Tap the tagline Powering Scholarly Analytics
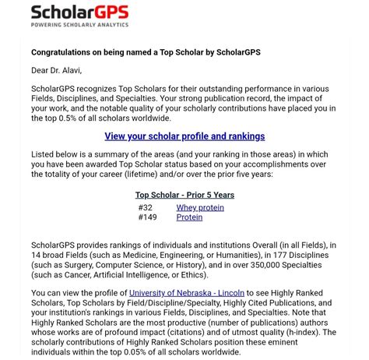(79, 24)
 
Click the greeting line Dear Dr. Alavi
(56, 70)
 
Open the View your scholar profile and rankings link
(184, 136)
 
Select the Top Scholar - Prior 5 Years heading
(184, 196)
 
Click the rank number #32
(146, 208)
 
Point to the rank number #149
(147, 217)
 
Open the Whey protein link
(200, 208)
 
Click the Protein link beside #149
(189, 217)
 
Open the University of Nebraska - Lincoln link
(187, 293)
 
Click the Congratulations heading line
(146, 52)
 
